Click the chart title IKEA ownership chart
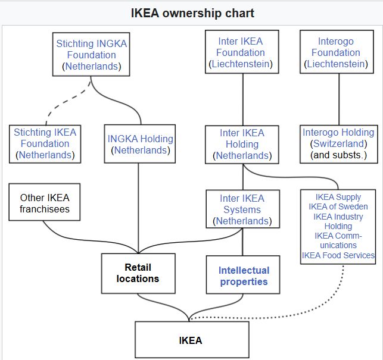coord(192,12)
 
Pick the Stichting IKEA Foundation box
coord(45,143)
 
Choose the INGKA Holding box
coord(140,145)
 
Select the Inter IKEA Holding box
coord(241,144)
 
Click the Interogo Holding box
coord(338,144)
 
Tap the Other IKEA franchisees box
coord(45,203)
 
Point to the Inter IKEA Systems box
coord(242,209)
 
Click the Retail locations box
coord(138,273)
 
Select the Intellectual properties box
coord(244,276)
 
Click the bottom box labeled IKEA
coord(191,340)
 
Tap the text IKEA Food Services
coord(338,255)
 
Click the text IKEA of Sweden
coord(338,206)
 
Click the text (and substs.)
coord(338,155)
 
